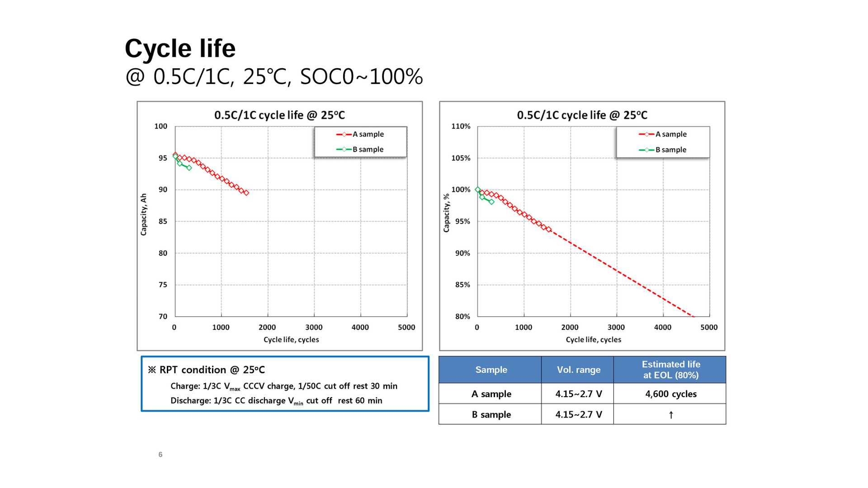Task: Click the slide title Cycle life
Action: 180,48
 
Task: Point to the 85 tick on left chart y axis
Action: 163,221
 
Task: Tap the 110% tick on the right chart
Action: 461,127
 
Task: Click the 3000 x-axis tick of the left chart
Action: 314,327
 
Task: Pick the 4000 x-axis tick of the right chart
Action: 663,327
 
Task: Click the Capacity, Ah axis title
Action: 144,214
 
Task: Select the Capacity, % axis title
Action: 447,213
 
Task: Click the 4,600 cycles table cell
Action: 671,394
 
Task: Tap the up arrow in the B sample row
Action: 671,415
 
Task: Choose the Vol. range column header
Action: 579,370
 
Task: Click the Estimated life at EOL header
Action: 671,370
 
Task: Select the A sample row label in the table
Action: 491,394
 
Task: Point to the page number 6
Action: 160,455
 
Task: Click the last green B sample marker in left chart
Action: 189,168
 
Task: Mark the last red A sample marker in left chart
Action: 246,193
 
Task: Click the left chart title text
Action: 279,115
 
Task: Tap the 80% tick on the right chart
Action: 462,317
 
